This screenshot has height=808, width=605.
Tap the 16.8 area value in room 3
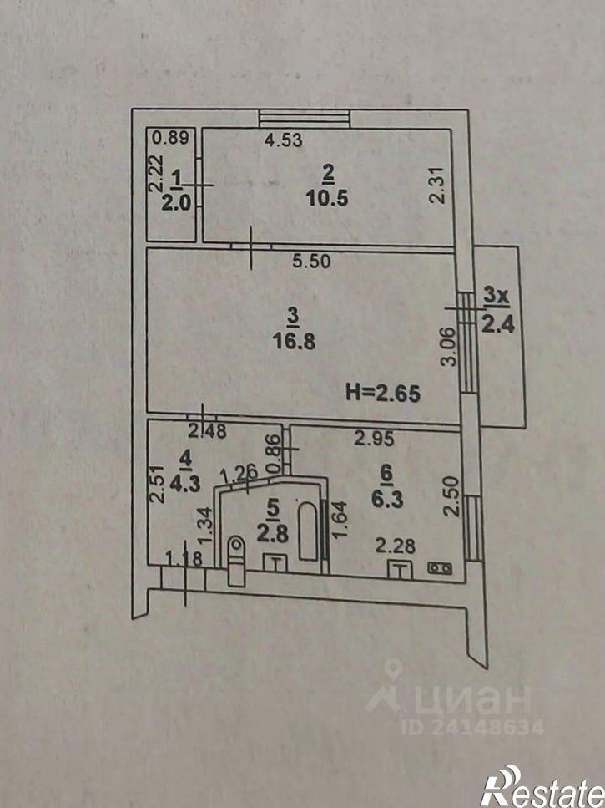(293, 341)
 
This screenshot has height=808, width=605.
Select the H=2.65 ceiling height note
(382, 391)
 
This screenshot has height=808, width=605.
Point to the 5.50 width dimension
(311, 261)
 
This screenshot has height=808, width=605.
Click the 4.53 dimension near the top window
(282, 140)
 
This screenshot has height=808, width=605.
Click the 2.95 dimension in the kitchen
(375, 437)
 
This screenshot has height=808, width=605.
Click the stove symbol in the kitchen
(439, 568)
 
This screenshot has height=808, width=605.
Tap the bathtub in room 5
(310, 531)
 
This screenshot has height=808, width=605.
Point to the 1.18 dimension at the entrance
(182, 557)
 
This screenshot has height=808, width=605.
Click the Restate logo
(541, 785)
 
